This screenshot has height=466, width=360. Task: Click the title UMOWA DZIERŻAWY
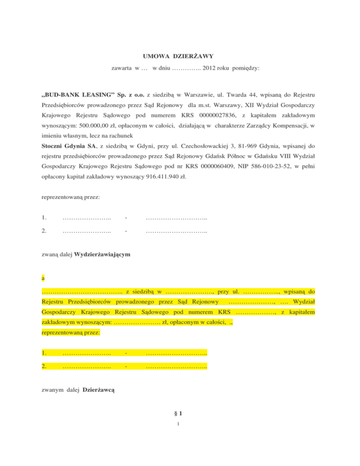click(180, 57)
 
